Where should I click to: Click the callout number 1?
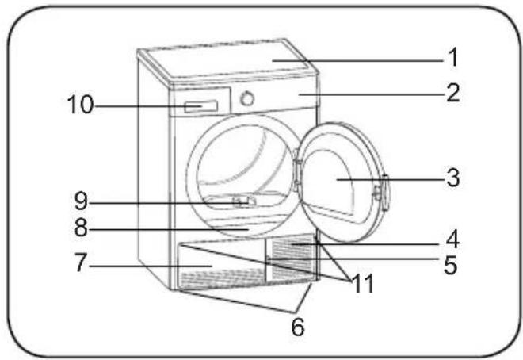click(453, 57)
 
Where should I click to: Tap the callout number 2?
click(453, 93)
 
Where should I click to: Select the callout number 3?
click(453, 178)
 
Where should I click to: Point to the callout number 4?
click(452, 239)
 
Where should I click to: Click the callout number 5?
click(451, 266)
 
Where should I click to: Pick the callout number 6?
click(298, 327)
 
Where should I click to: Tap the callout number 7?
click(81, 262)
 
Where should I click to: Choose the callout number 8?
click(81, 228)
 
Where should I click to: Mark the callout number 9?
click(81, 201)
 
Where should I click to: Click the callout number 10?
click(80, 105)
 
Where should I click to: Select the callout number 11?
click(363, 284)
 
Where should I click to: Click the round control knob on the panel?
click(247, 98)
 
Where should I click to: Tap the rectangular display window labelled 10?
click(201, 107)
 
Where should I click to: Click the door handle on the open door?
click(384, 193)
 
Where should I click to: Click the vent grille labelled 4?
click(291, 257)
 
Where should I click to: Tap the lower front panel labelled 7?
click(221, 266)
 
